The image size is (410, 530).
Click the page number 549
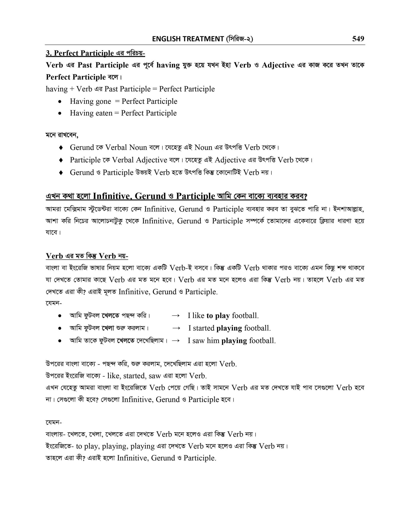[x=358, y=39]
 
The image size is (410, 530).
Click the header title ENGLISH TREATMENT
[x=188, y=39]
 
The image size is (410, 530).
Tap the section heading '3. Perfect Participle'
[x=80, y=53]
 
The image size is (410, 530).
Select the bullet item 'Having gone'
[x=90, y=101]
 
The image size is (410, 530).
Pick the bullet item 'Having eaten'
[x=91, y=113]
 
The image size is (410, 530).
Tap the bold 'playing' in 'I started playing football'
[x=229, y=328]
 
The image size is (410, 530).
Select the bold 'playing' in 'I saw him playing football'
[x=234, y=341]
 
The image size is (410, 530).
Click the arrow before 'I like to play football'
[x=176, y=316]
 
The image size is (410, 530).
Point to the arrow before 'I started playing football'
[x=177, y=328]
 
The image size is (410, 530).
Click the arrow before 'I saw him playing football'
[x=176, y=341]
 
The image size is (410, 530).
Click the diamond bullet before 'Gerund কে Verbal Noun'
[x=61, y=148]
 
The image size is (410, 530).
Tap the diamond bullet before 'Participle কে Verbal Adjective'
[x=61, y=160]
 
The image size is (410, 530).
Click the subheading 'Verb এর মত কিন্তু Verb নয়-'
[x=87, y=256]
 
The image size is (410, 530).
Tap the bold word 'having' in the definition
[x=168, y=65]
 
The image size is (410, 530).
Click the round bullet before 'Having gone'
[x=60, y=102]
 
